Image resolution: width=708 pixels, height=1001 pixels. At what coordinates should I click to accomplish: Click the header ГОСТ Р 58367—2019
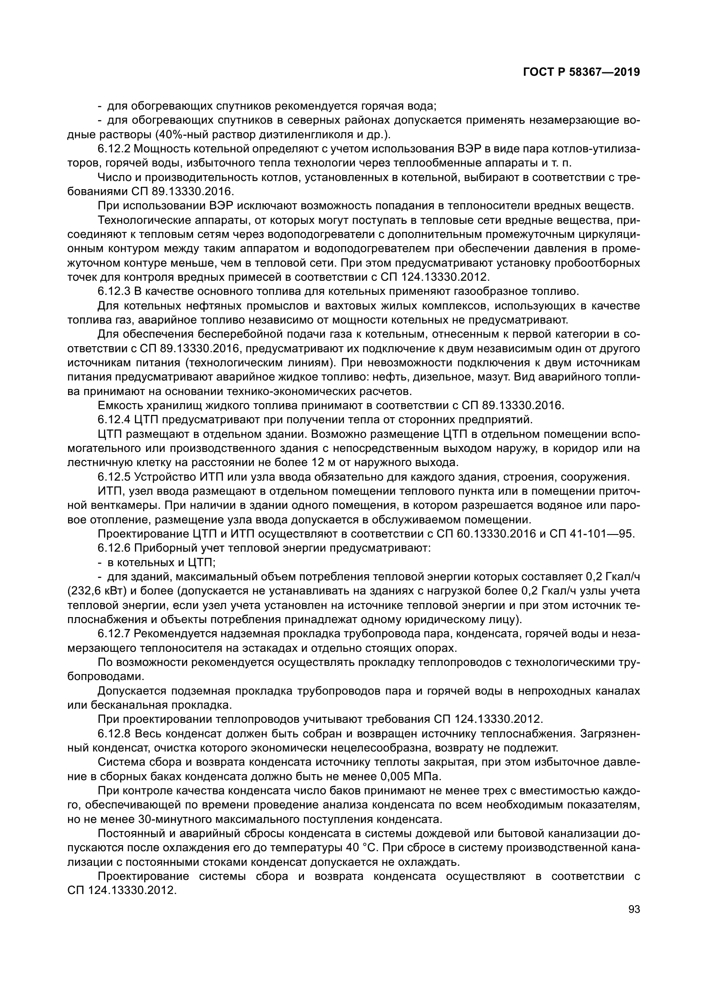(x=581, y=72)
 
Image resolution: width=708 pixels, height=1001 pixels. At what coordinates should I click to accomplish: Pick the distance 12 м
(x=320, y=462)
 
